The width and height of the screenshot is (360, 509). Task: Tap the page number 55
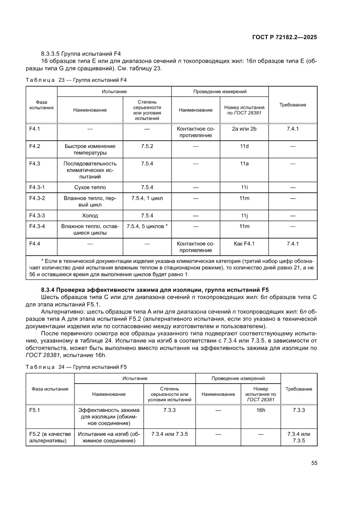(314, 463)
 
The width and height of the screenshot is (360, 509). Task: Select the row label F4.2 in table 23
(34, 146)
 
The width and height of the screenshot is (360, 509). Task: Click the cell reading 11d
(244, 146)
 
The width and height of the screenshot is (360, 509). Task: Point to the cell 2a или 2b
(244, 129)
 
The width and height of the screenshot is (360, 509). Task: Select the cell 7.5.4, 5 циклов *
(147, 226)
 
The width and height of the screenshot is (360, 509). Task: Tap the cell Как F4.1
(244, 243)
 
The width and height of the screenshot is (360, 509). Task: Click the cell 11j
(244, 215)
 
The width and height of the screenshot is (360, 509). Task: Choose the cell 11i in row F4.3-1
(244, 188)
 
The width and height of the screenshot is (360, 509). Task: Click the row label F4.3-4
(37, 226)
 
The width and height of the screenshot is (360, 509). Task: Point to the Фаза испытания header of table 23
(42, 105)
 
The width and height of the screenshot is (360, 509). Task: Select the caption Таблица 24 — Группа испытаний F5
(76, 366)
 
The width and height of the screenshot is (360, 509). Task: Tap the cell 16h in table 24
(261, 410)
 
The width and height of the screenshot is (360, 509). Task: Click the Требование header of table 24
(299, 389)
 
